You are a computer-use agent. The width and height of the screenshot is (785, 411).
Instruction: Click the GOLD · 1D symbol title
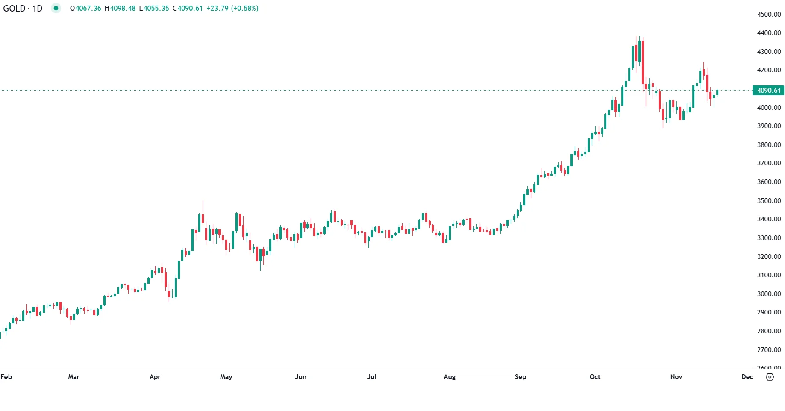pos(23,8)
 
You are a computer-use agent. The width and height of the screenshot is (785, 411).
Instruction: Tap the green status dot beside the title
pos(56,8)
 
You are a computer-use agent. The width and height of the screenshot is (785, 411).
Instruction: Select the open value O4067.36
pos(85,8)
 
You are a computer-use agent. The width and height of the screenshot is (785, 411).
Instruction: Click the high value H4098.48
pos(120,8)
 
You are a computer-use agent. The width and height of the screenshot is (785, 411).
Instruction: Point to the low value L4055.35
pos(154,8)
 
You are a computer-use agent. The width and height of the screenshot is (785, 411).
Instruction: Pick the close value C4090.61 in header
pos(188,8)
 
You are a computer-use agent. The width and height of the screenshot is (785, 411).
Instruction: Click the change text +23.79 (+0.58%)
pos(232,8)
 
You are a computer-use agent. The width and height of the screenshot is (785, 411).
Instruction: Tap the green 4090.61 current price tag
pos(768,90)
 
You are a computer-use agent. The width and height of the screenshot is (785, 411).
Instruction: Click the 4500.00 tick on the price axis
pos(769,14)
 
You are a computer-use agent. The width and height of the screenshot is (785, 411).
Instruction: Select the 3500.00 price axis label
pos(769,200)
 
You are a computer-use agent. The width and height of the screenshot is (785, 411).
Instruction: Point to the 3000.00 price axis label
pos(769,294)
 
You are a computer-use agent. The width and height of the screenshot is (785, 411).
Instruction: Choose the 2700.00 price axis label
pos(769,349)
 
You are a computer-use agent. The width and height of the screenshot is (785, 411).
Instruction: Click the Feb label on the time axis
pos(6,376)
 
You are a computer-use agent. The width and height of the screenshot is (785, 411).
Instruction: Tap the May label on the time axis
pos(226,376)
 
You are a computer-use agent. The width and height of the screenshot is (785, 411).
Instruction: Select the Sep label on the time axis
pos(520,376)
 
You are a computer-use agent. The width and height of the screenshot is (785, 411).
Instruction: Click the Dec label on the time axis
pos(747,376)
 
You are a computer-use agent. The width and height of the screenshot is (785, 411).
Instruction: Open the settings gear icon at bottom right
pos(770,377)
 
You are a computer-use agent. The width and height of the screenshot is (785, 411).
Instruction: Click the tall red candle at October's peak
pos(643,62)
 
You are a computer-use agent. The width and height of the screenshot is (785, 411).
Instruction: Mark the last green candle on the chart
pos(717,92)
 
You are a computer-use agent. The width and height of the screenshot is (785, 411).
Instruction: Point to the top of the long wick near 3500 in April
pos(203,201)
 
